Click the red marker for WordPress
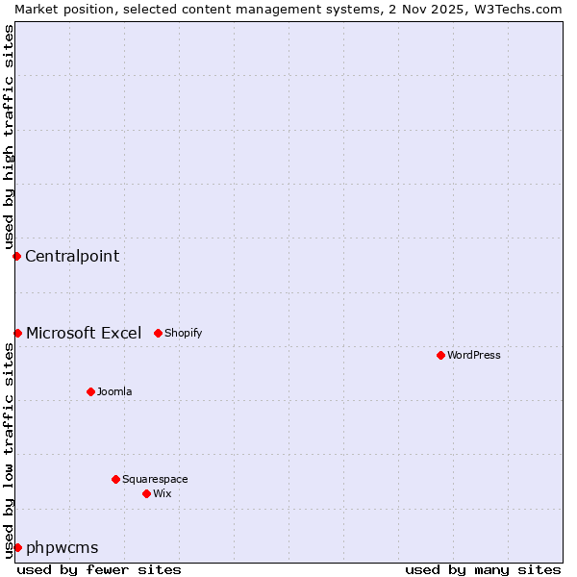point(440,355)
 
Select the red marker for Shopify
point(158,333)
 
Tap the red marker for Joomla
point(90,391)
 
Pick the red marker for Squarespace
point(115,479)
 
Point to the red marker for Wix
point(146,493)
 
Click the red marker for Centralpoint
point(16,256)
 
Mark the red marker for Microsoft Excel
point(17,333)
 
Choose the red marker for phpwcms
point(17,547)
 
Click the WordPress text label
point(474,355)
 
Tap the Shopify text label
point(184,333)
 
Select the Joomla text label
point(114,391)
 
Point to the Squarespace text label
point(155,479)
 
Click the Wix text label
point(163,493)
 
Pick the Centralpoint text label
point(72,256)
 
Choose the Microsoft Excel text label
point(84,333)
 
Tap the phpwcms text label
point(63,547)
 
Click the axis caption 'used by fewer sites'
point(99,569)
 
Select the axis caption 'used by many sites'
point(483,569)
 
